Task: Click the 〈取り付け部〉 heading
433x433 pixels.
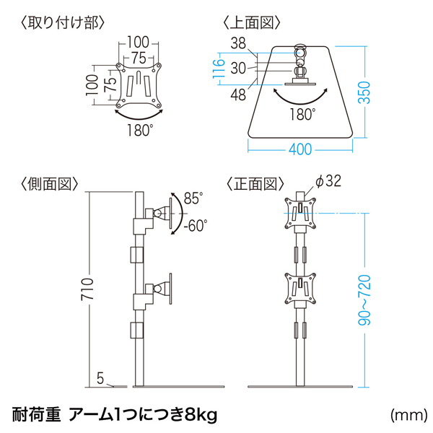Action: pyautogui.click(x=64, y=22)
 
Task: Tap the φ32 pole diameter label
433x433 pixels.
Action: pyautogui.click(x=328, y=182)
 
